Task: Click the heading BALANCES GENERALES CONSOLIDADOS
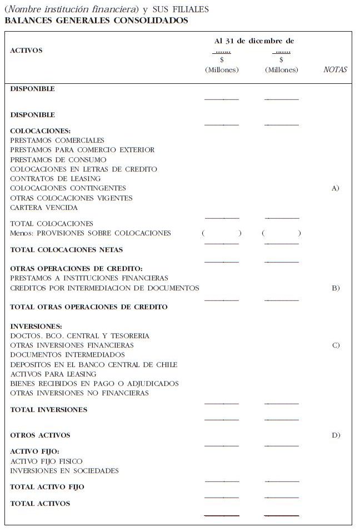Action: tap(96, 21)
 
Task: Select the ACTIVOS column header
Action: tap(26, 51)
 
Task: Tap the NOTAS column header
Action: tap(335, 70)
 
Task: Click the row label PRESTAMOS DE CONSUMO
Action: tap(58, 160)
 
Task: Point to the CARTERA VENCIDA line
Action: tap(44, 208)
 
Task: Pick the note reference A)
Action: tap(335, 189)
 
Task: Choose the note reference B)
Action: tap(336, 288)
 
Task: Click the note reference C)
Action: tap(336, 345)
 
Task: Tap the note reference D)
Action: tap(336, 435)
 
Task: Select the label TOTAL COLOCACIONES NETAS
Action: tap(66, 250)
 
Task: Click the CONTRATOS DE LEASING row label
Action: tap(56, 179)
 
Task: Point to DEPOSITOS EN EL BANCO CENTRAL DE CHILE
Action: tap(94, 365)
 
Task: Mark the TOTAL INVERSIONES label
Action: tap(49, 410)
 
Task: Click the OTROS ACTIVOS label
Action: tap(41, 435)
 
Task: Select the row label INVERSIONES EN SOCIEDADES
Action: tap(64, 471)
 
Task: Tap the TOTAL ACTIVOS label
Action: tap(41, 504)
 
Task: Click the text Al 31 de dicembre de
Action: tap(254, 41)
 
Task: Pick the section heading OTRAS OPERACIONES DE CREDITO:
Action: tap(77, 269)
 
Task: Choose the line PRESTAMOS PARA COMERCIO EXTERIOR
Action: tap(82, 150)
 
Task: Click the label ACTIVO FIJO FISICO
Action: tap(46, 461)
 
